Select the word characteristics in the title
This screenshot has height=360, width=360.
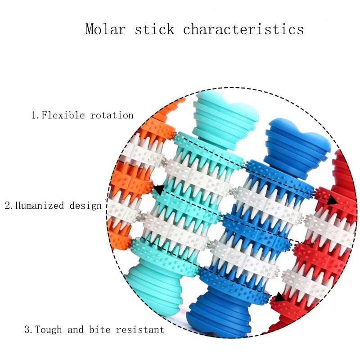(x=243, y=30)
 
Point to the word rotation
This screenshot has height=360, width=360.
(x=112, y=115)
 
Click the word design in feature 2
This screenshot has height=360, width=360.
(x=85, y=206)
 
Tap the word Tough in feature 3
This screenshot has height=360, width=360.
(x=49, y=330)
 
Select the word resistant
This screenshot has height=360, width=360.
(x=140, y=330)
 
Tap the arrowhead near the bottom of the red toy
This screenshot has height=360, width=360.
(x=279, y=297)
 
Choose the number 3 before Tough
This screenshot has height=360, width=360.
(x=27, y=330)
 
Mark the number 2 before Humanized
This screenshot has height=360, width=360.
(x=8, y=206)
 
